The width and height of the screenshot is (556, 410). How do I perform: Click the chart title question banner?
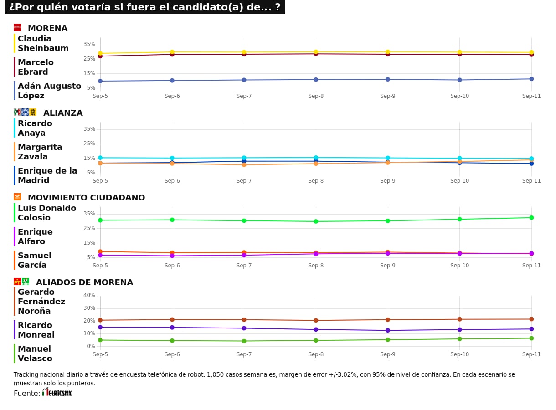tap(144, 7)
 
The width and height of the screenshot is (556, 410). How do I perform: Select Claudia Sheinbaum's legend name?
tap(43, 44)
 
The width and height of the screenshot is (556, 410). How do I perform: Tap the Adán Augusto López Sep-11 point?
tap(531, 79)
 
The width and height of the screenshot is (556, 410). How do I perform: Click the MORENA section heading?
tap(47, 28)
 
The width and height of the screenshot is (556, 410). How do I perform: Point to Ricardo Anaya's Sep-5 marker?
tap(100, 158)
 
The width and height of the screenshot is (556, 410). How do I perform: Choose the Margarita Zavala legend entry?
tap(40, 152)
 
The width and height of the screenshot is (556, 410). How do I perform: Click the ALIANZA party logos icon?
tap(25, 112)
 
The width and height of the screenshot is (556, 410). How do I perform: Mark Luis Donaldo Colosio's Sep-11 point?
tap(531, 218)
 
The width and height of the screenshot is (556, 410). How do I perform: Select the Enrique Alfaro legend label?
tap(35, 236)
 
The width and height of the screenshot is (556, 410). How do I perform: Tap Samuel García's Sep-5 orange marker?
tap(100, 251)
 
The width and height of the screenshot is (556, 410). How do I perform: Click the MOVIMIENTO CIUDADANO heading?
tap(86, 198)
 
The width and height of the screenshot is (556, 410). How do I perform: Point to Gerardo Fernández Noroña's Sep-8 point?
tap(316, 320)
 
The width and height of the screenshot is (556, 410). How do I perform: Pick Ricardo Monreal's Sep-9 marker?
tap(388, 330)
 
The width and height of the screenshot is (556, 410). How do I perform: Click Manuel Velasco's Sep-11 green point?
tap(531, 338)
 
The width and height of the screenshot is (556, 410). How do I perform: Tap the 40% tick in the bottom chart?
tap(89, 295)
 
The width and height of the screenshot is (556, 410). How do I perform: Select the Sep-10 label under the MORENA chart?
tap(459, 96)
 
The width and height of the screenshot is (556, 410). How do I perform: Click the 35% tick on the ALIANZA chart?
tap(89, 129)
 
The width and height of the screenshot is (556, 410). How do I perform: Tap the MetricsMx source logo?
tap(57, 392)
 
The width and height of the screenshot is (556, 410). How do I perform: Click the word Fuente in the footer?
tap(26, 393)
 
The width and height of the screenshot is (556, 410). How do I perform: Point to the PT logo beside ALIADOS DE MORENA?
tap(17, 282)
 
